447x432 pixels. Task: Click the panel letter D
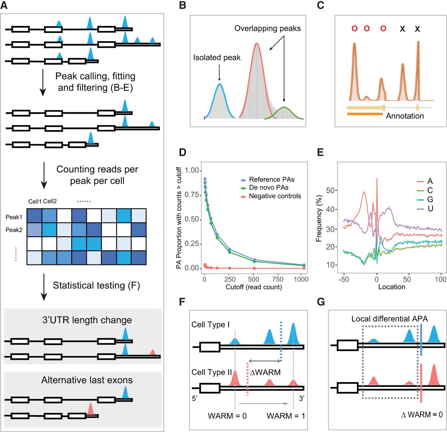tap(182, 152)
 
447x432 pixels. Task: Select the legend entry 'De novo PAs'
tap(269, 187)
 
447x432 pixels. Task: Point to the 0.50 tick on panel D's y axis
tap(192, 219)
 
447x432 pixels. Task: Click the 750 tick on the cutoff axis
tap(278, 280)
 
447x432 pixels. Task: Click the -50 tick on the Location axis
tap(344, 280)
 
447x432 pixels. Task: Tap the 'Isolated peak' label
tap(217, 57)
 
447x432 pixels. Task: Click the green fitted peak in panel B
tap(284, 107)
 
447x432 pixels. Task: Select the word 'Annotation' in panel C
tap(405, 116)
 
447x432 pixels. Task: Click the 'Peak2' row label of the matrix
tap(14, 230)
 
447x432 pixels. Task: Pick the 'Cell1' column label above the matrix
tap(35, 201)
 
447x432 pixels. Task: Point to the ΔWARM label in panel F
tap(265, 372)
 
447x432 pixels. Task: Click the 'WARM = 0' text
tap(227, 416)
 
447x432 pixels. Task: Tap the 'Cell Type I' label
tap(211, 325)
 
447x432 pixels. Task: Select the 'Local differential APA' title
tap(390, 319)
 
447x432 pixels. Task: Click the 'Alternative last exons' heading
tap(87, 380)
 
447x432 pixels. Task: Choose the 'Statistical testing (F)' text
tap(96, 285)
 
